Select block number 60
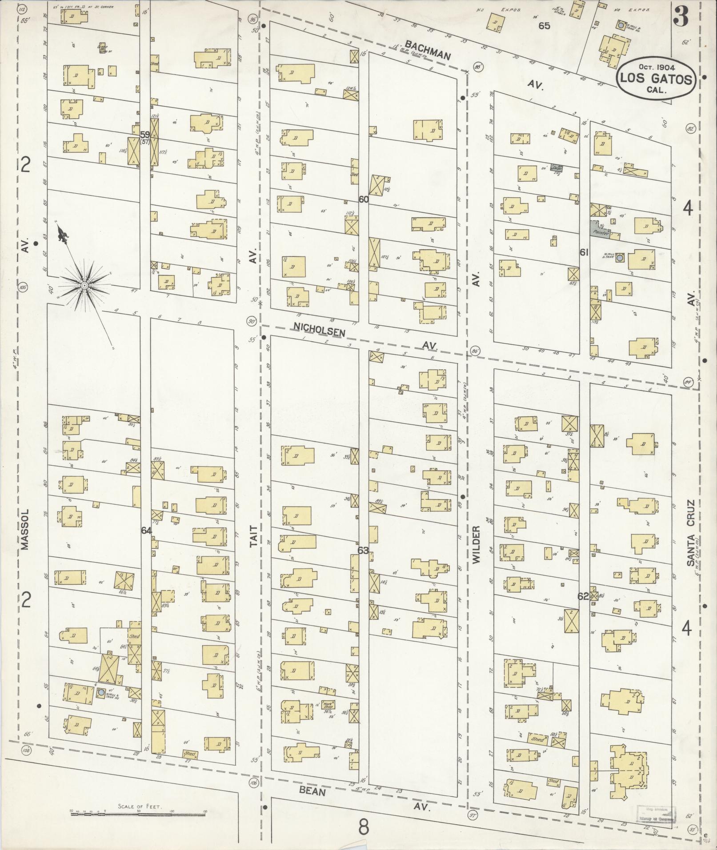pos(364,200)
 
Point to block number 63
pos(363,551)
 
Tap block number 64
pos(146,531)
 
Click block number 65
pos(544,26)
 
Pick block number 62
pos(583,597)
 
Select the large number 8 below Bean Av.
pos(364,827)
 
